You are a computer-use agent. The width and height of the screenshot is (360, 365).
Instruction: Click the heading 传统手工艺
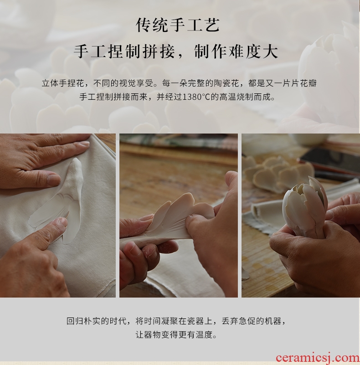(178, 25)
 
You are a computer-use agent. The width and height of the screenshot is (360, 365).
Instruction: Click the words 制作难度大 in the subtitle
(236, 51)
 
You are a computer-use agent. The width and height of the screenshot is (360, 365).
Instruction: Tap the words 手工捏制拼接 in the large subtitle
(124, 51)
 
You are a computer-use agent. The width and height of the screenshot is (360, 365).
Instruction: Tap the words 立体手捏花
(63, 83)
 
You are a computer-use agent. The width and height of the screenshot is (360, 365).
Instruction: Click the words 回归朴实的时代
(97, 321)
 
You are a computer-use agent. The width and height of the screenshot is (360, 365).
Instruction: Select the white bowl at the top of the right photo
(308, 139)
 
